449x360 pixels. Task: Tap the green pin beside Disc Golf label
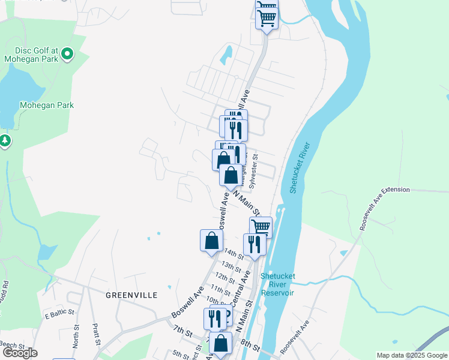[67, 55]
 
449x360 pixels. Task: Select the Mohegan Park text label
[47, 105]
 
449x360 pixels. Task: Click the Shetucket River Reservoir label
[277, 284]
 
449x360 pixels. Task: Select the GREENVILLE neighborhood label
[131, 295]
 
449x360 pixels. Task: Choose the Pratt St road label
[96, 335]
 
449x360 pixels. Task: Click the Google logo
[19, 353]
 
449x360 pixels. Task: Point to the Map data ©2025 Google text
[412, 355]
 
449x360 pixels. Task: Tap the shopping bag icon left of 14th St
[211, 241]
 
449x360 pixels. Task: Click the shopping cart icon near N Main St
[261, 227]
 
